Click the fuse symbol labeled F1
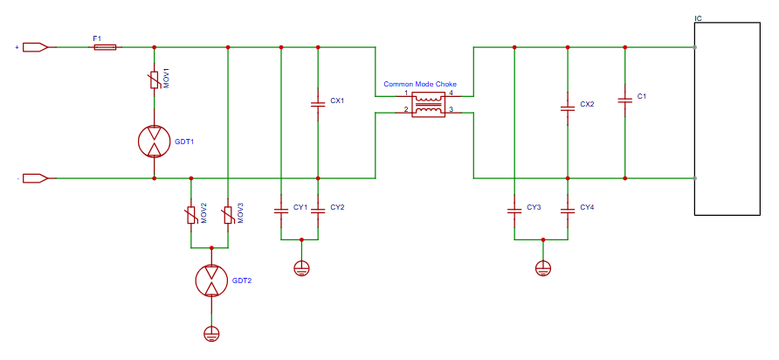coord(105,47)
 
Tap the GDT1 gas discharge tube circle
coord(155,141)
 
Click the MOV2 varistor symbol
coord(190,213)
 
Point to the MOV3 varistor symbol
coord(228,213)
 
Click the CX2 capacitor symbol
coord(568,107)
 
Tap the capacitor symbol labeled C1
coord(624,100)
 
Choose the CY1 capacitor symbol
coord(281,210)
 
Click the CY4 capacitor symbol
coord(568,210)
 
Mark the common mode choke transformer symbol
coord(428,104)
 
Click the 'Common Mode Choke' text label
coord(419,85)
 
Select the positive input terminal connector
coord(35,47)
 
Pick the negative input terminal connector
coord(35,178)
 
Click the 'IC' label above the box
coord(698,18)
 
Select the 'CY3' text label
coord(534,208)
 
